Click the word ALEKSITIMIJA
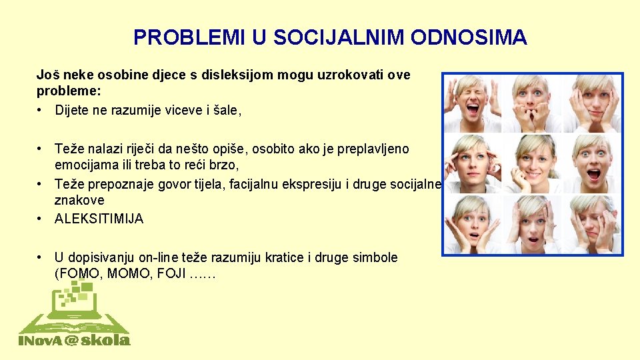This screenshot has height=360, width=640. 99,219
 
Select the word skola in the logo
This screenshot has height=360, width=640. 107,340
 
